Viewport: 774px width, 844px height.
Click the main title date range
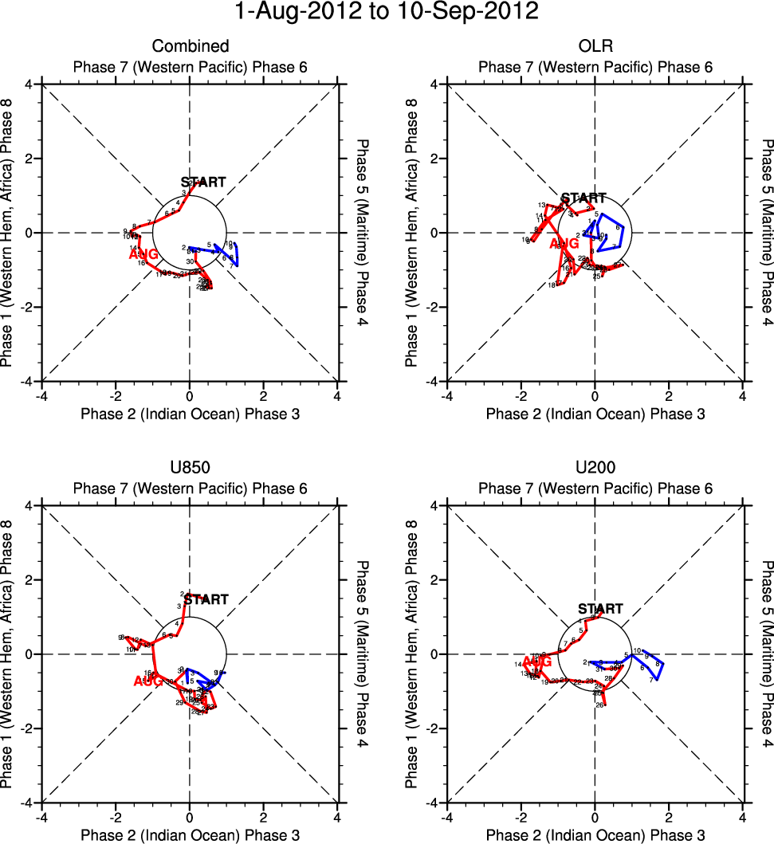coord(387,13)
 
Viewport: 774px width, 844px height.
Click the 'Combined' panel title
coord(191,46)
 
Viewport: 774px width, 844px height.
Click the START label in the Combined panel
coord(202,182)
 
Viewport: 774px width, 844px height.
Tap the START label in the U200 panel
coord(600,609)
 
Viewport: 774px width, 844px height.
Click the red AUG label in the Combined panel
coord(143,254)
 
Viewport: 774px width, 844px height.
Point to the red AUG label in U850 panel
coord(148,681)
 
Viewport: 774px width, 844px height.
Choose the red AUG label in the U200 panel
coord(536,661)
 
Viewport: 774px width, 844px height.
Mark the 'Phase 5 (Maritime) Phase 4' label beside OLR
coord(767,233)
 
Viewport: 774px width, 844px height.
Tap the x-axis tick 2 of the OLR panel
coord(669,395)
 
